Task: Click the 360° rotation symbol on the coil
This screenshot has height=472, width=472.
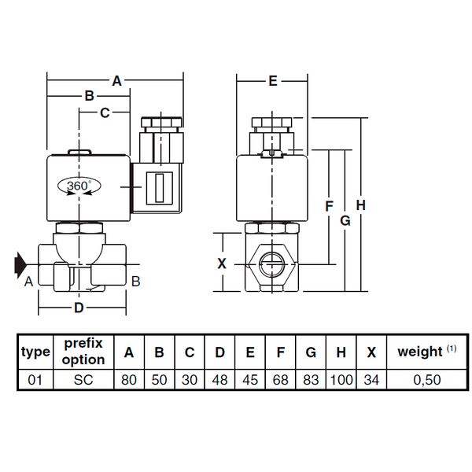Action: pos(79,186)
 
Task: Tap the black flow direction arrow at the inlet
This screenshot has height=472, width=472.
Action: pos(20,265)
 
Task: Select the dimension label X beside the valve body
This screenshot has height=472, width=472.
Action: pos(222,264)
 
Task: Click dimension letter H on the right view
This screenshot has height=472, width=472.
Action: pos(361,205)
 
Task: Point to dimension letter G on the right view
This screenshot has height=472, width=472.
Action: pos(345,220)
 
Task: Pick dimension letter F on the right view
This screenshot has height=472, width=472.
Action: pos(330,206)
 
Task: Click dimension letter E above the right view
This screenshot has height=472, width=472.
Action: pos(273,81)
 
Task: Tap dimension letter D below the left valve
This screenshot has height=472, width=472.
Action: pos(79,308)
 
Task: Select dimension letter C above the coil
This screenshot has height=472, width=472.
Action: pos(105,112)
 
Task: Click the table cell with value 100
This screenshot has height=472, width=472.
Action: pos(341,380)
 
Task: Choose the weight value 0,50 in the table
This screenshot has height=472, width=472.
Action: pos(427,380)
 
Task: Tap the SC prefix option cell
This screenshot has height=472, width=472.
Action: pos(83,380)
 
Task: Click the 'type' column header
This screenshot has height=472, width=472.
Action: pos(35,352)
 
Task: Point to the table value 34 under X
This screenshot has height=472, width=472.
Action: pos(371,380)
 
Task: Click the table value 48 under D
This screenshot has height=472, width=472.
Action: pos(219,380)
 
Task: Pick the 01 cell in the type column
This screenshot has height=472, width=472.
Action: pos(35,380)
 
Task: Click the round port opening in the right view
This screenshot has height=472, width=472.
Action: pos(272,265)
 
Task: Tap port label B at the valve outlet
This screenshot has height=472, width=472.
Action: pos(136,282)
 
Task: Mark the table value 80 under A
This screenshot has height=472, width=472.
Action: pos(129,380)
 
